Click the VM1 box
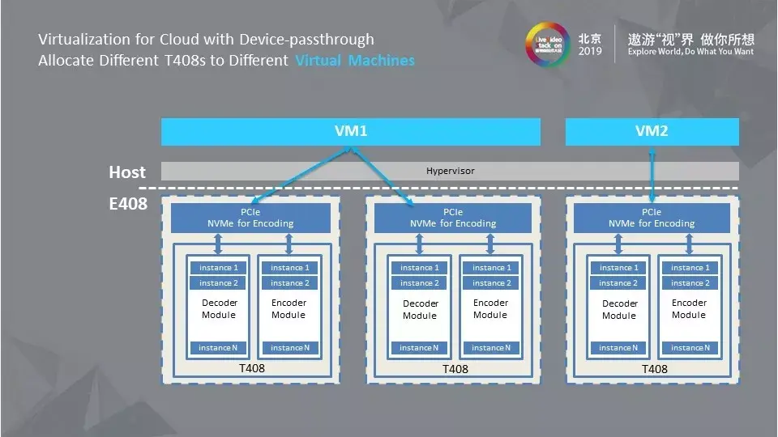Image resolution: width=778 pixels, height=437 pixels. (350, 131)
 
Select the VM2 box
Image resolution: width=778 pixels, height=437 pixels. (652, 131)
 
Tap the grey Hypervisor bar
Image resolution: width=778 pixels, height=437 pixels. (450, 171)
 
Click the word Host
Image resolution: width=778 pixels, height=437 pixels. (127, 172)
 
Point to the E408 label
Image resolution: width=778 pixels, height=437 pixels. (128, 203)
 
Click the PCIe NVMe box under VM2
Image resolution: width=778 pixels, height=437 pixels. (652, 218)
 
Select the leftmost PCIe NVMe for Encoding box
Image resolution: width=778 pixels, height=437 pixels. (250, 218)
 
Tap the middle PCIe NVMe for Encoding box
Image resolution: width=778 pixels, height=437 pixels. (452, 218)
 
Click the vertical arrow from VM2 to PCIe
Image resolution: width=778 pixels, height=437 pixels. (652, 174)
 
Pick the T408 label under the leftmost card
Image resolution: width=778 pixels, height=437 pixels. (251, 368)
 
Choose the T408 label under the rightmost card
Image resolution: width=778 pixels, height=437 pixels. (654, 368)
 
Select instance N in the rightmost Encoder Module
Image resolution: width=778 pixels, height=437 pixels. (687, 348)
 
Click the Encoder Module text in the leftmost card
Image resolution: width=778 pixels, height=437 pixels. (289, 308)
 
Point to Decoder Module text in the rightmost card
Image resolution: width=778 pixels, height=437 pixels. (620, 309)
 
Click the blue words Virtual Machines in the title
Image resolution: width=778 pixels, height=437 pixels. (355, 61)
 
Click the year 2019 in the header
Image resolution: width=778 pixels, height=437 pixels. (590, 51)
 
